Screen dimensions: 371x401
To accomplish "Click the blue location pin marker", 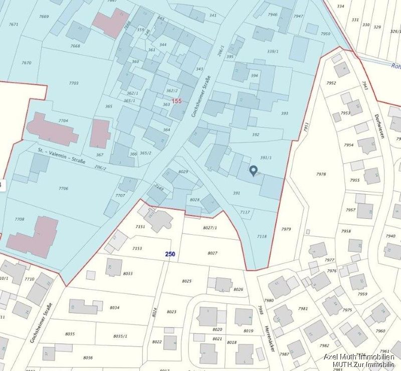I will [x=253, y=171].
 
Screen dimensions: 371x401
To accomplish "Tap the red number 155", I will [x=176, y=101].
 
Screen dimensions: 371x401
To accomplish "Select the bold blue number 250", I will [x=170, y=254].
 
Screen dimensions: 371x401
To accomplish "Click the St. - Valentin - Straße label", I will [x=62, y=155].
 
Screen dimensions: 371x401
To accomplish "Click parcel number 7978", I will [x=321, y=174].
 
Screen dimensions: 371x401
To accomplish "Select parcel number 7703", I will [x=73, y=83].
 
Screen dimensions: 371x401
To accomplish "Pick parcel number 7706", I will [x=63, y=188].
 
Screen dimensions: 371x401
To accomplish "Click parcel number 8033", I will [x=127, y=273].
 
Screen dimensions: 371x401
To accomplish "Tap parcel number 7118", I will [x=262, y=236].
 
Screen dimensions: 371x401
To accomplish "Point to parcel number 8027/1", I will [x=210, y=228].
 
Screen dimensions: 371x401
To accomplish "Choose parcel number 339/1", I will [x=273, y=51].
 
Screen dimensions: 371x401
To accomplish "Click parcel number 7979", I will [x=286, y=229].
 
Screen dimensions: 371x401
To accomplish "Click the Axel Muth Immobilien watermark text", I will [x=358, y=357].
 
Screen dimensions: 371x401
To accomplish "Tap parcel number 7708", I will [x=19, y=219].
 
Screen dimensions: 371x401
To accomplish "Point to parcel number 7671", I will [x=14, y=24].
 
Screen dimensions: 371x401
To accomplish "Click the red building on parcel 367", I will [x=100, y=133].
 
